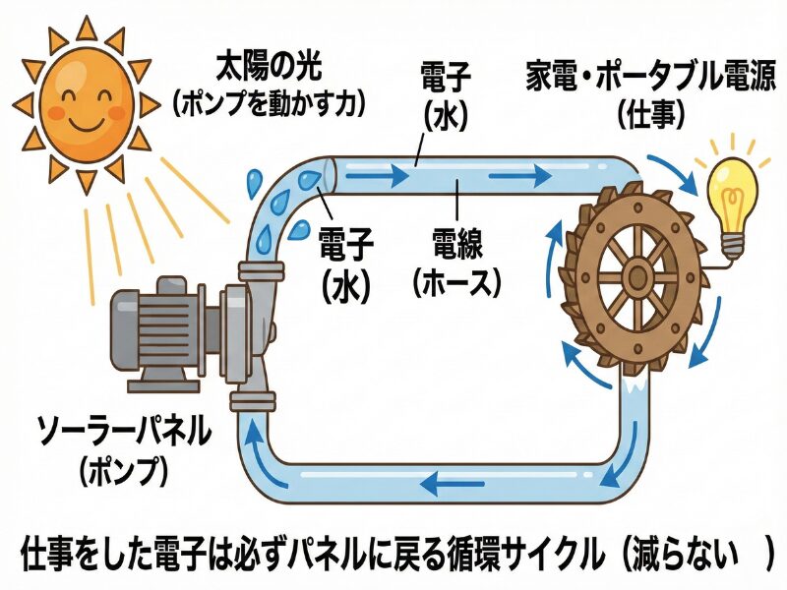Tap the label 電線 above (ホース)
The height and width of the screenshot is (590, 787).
[x=458, y=241]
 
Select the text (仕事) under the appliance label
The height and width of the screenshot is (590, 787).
[x=651, y=114]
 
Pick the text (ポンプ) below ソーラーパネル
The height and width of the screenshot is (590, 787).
[x=123, y=469]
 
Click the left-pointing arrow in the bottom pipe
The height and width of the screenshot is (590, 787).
[x=443, y=483]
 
